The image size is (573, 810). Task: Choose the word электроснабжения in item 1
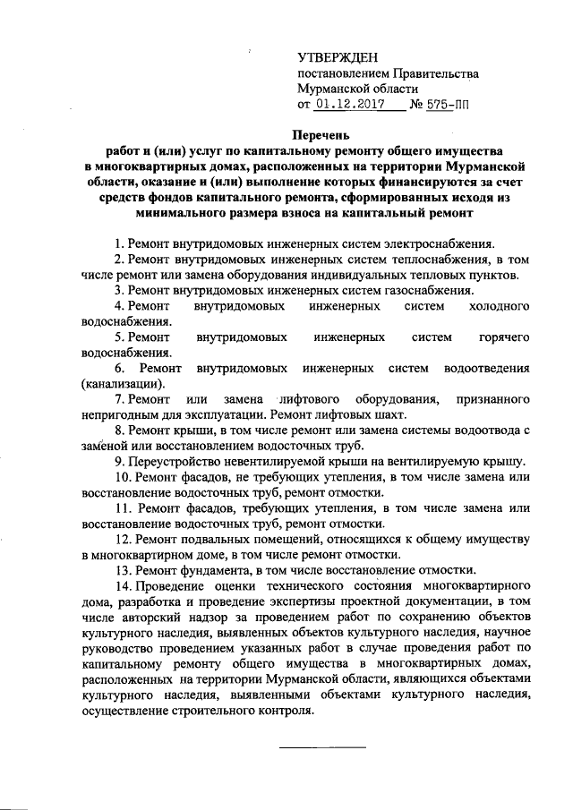(432, 243)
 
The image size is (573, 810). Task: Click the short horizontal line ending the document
(323, 746)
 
